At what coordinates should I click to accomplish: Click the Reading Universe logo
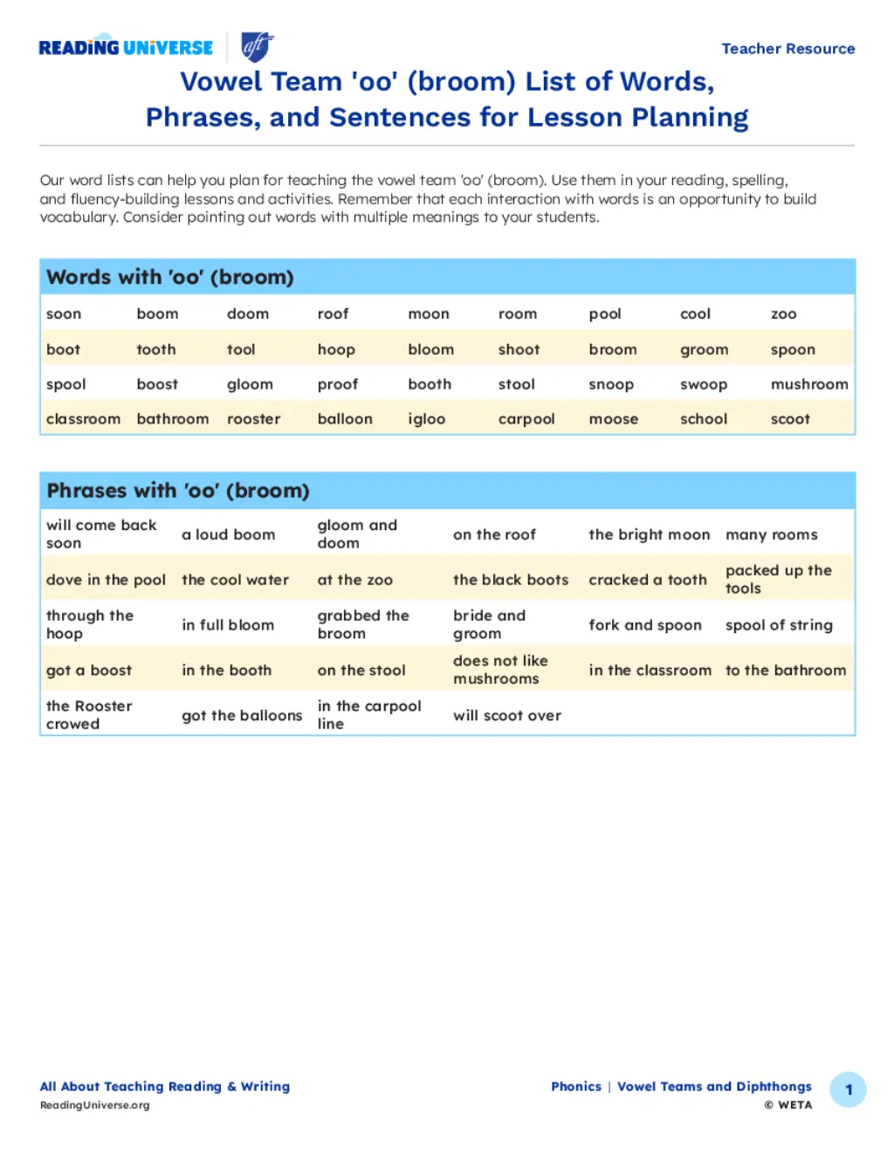click(x=126, y=48)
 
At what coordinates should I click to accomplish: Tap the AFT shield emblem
click(x=258, y=47)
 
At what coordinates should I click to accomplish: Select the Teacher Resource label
click(x=787, y=49)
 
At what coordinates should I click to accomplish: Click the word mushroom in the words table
click(x=808, y=384)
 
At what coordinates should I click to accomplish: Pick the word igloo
click(x=426, y=419)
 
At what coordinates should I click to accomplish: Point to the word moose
click(x=613, y=419)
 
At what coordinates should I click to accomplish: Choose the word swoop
click(x=703, y=384)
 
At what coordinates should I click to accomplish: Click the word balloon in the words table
click(x=345, y=419)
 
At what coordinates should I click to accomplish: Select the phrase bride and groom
click(x=489, y=624)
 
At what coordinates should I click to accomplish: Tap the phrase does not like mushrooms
click(x=500, y=670)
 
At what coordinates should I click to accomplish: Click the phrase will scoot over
click(x=506, y=715)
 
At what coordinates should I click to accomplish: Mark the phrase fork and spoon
click(x=644, y=625)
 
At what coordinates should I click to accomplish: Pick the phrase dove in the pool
click(x=106, y=580)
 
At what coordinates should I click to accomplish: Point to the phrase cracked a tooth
click(x=647, y=580)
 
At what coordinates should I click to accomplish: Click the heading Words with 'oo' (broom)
click(x=169, y=278)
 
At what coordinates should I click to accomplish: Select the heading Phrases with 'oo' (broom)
click(x=177, y=491)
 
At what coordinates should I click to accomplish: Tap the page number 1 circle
click(x=848, y=1090)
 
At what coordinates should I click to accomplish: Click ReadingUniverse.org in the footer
click(x=94, y=1105)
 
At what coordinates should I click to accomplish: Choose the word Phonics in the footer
click(x=575, y=1086)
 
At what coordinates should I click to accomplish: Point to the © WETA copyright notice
click(x=787, y=1105)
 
